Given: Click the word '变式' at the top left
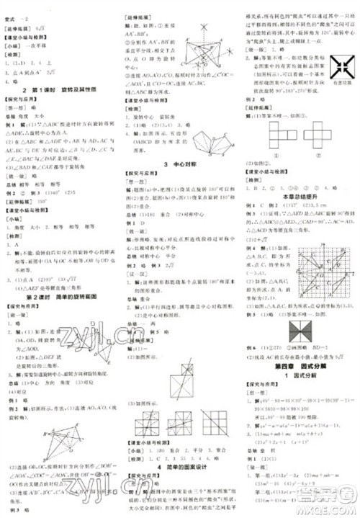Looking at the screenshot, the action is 12,5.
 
